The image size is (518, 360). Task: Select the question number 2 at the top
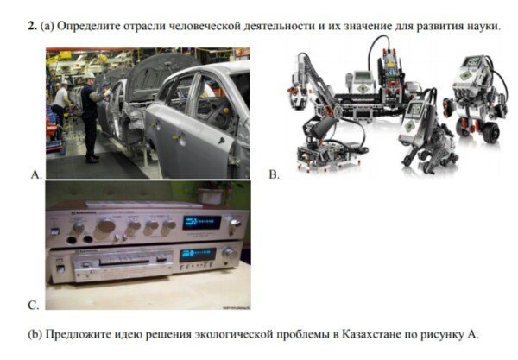point(32,26)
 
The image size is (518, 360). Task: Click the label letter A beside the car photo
point(36,174)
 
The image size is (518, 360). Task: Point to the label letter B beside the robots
point(274,174)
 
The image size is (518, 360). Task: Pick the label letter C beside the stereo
point(34,305)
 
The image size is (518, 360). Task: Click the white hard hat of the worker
point(89,75)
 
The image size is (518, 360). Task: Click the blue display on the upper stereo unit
point(202,223)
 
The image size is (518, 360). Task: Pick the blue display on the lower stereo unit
point(198,255)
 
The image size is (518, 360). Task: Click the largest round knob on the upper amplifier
point(106,226)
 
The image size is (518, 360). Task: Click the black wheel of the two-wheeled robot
point(490,132)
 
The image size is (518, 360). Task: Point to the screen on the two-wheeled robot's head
point(473,61)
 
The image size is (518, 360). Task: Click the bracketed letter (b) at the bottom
point(35,334)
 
